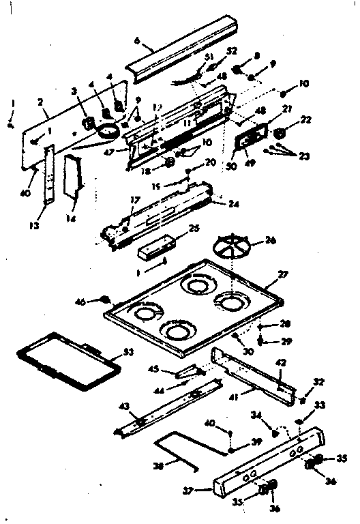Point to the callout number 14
(70, 219)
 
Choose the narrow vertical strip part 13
(47, 174)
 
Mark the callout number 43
(125, 407)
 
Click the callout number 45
(154, 370)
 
